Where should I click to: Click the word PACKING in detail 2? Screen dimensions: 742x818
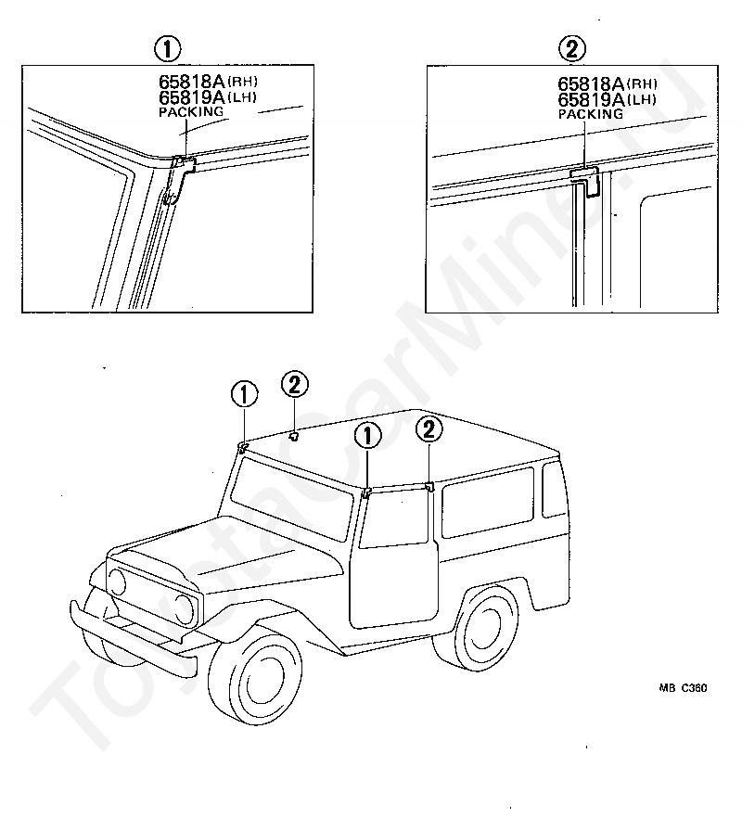coord(590,113)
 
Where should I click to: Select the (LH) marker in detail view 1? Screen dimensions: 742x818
coord(239,96)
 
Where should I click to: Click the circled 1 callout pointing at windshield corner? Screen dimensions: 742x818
coord(245,396)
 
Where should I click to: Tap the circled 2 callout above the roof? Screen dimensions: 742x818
coord(293,385)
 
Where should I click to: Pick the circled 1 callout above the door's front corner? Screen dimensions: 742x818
coord(367,436)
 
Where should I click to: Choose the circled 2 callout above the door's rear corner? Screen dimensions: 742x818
coord(429,429)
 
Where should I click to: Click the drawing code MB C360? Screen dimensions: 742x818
coord(684,688)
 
